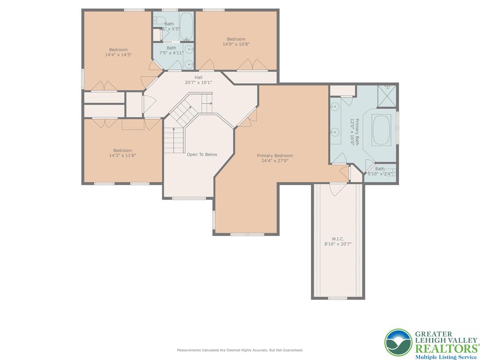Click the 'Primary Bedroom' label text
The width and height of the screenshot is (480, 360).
(275, 156)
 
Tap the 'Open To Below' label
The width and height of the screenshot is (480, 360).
(202, 154)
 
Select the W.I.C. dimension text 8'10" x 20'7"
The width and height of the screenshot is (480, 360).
(337, 244)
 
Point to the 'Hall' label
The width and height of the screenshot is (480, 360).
(199, 77)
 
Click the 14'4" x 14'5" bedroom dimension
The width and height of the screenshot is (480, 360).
(118, 55)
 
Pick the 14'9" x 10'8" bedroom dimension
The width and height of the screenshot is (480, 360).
(236, 44)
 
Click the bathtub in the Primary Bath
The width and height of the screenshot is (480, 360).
(382, 130)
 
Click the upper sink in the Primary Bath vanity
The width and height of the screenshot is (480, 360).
(335, 107)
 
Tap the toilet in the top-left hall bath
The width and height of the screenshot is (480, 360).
(158, 20)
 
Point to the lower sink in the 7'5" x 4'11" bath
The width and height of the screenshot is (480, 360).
(189, 64)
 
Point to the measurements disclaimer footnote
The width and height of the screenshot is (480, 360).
(240, 350)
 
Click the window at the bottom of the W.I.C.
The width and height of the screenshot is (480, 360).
(337, 298)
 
